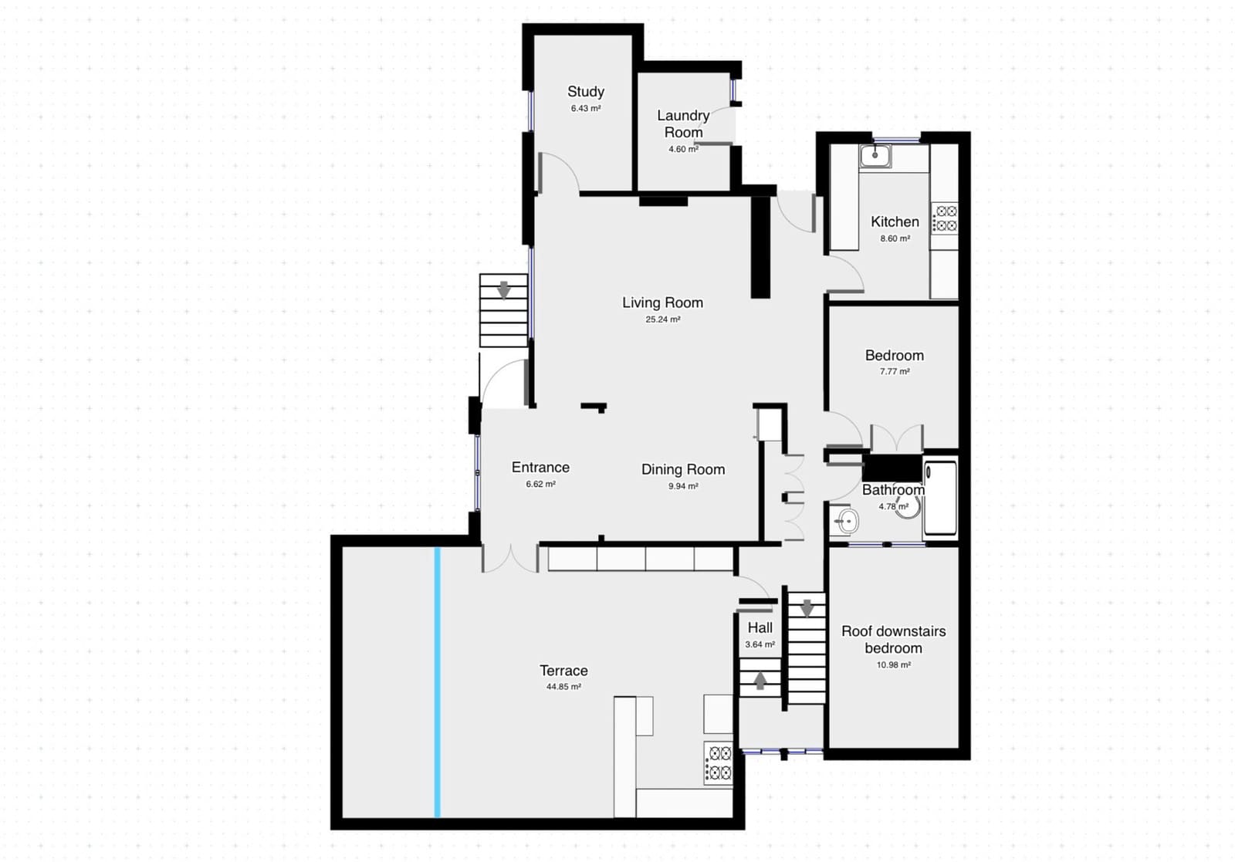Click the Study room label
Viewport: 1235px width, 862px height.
586,92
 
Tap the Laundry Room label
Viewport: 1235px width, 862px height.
683,123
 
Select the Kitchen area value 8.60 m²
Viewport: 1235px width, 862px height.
895,239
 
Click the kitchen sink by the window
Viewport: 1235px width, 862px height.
875,157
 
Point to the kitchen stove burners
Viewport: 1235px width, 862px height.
946,218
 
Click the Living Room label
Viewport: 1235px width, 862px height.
662,303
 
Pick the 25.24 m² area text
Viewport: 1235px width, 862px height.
662,319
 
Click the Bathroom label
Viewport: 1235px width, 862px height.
893,490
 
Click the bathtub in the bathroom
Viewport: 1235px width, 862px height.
940,498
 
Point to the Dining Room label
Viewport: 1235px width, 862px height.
683,469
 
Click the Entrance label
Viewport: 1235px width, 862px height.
540,467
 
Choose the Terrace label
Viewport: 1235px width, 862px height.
563,671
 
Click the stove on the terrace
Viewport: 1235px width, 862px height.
718,762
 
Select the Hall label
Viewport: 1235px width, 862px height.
760,628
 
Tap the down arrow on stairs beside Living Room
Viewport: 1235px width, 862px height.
504,290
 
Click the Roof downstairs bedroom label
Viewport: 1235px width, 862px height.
893,640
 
